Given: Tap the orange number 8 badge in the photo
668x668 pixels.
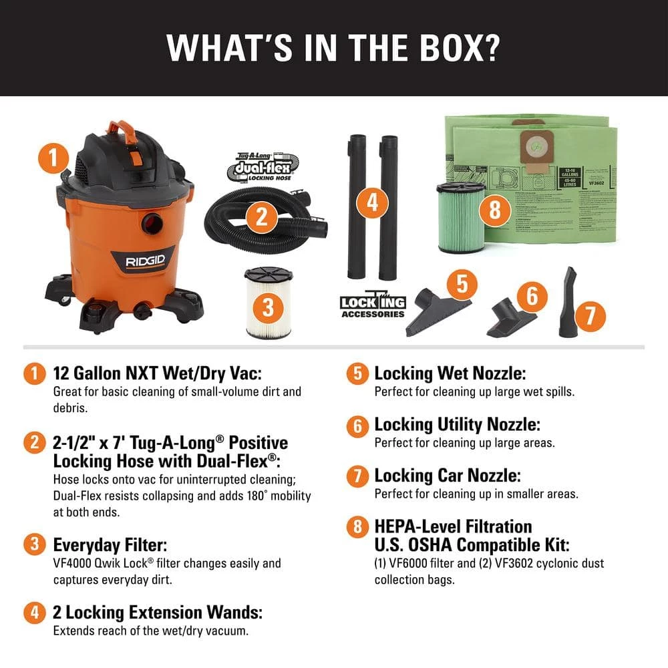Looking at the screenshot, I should [x=494, y=210].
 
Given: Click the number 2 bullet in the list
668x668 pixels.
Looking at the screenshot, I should [x=31, y=443].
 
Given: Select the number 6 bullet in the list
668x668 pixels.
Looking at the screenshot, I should [x=357, y=424].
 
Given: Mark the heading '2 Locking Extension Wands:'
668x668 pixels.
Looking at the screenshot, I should [x=157, y=612].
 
